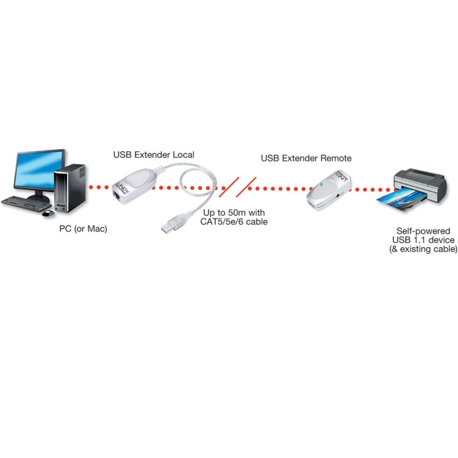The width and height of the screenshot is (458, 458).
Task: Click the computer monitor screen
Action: click(40, 169)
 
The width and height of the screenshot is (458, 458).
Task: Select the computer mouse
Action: click(48, 213)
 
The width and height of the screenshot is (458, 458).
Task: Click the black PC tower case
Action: click(70, 188)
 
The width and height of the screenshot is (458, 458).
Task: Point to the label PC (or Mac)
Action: click(83, 228)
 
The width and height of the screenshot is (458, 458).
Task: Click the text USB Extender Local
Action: click(153, 155)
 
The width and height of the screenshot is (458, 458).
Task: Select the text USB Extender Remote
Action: click(306, 158)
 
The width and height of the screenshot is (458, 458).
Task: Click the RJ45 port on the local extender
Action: click(116, 195)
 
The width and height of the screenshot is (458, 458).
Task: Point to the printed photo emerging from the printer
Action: click(398, 199)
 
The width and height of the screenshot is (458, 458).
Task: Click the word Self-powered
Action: click(423, 231)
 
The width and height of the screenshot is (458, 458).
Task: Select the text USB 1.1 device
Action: click(423, 240)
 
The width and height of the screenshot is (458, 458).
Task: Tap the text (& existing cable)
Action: click(423, 249)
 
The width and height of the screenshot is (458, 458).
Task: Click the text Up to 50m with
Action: click(234, 212)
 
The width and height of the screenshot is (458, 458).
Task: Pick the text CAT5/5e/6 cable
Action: click(234, 222)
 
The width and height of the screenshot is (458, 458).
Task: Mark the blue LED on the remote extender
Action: click(321, 184)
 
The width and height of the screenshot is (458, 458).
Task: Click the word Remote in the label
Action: click(336, 158)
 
